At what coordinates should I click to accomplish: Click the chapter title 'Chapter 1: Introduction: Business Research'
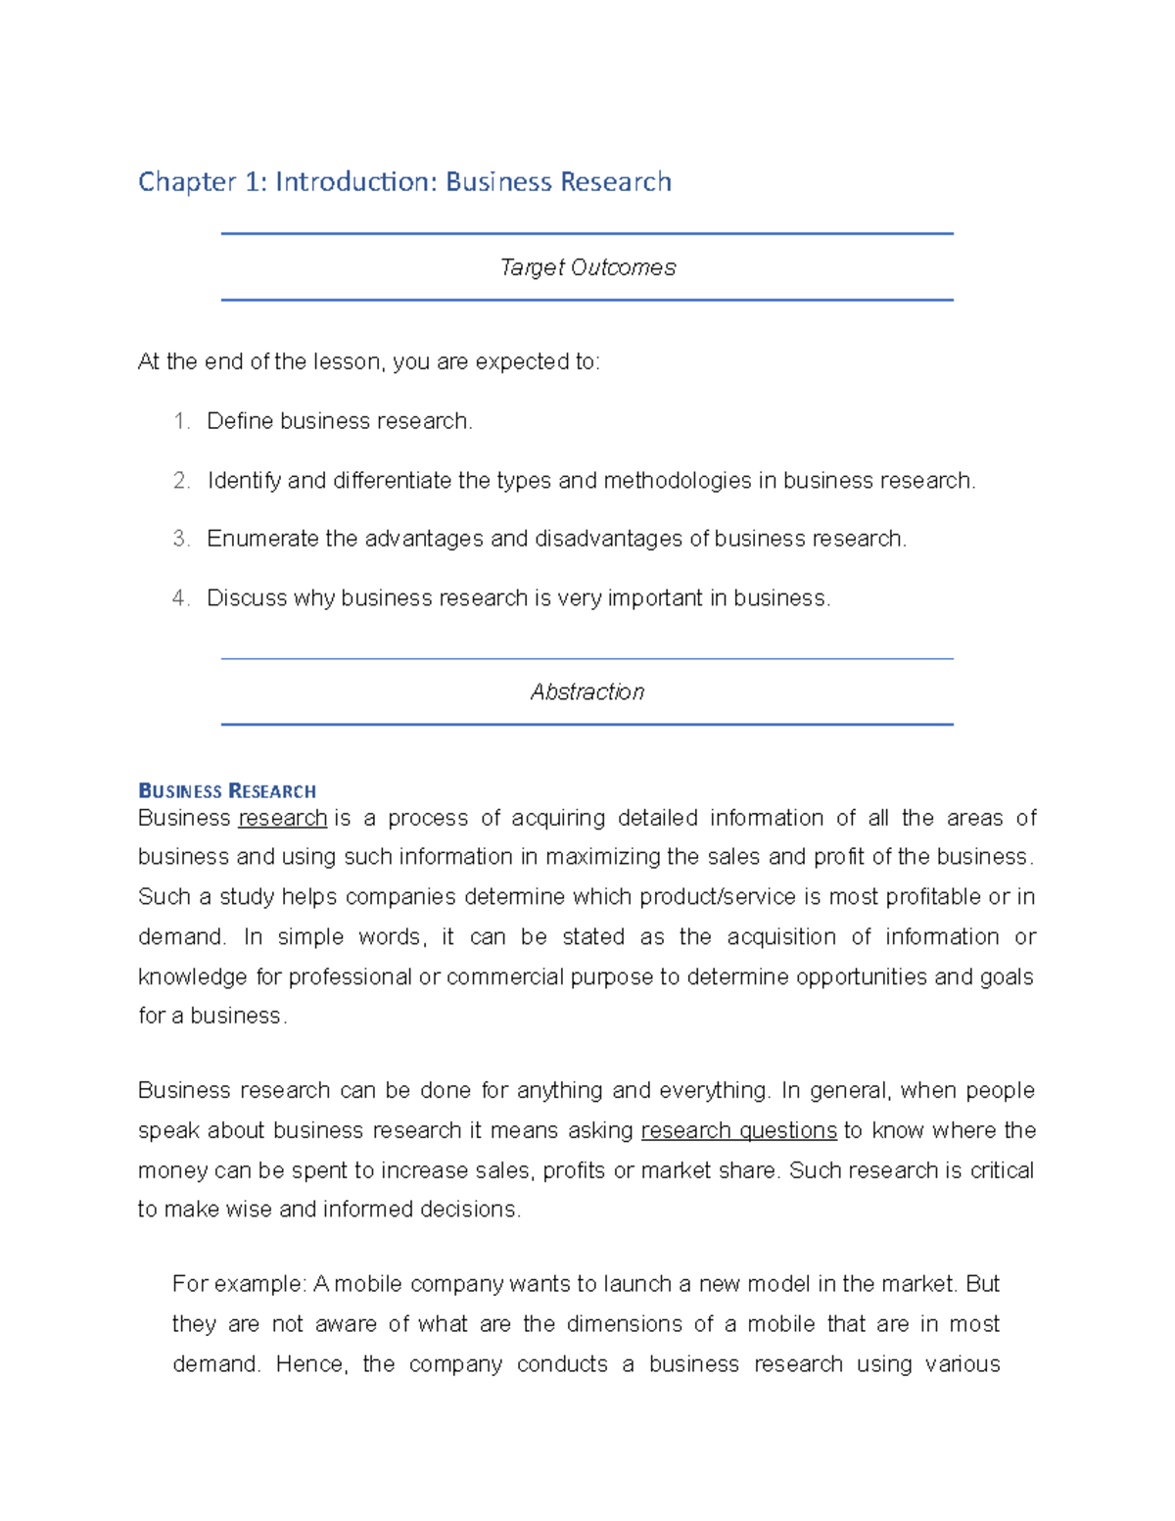click(x=404, y=182)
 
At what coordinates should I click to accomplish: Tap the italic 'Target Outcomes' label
click(x=587, y=267)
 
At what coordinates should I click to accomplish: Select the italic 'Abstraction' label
click(x=587, y=692)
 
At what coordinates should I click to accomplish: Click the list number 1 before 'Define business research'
click(x=180, y=421)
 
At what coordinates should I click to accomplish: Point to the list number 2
click(x=180, y=481)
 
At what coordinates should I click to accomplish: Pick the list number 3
click(x=180, y=539)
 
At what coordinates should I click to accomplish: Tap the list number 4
click(x=180, y=598)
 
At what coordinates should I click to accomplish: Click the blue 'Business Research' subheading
click(x=227, y=791)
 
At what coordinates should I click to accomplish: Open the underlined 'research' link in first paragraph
click(x=282, y=818)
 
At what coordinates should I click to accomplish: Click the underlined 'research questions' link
click(x=738, y=1130)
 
